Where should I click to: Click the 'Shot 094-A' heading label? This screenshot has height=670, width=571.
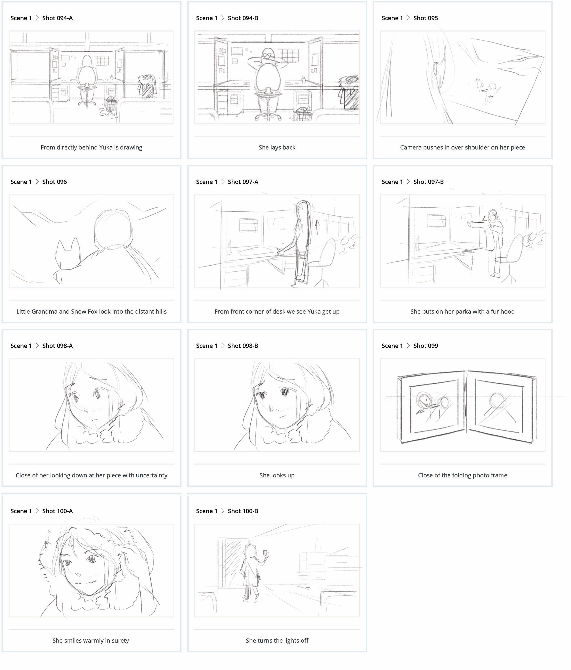point(57,18)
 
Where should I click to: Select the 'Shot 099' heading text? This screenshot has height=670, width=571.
point(426,346)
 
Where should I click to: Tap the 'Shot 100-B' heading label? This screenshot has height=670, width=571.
point(243,511)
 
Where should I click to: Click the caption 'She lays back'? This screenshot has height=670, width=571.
point(277,148)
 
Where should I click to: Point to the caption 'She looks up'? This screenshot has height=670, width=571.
point(277,475)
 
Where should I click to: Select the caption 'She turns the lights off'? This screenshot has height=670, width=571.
point(277,640)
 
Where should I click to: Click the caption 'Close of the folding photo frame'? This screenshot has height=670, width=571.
point(462,475)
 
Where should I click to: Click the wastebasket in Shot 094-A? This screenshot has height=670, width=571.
point(111,103)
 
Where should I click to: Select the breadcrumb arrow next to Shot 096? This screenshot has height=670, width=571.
point(37,182)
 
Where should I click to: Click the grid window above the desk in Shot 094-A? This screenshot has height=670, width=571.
point(102,60)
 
